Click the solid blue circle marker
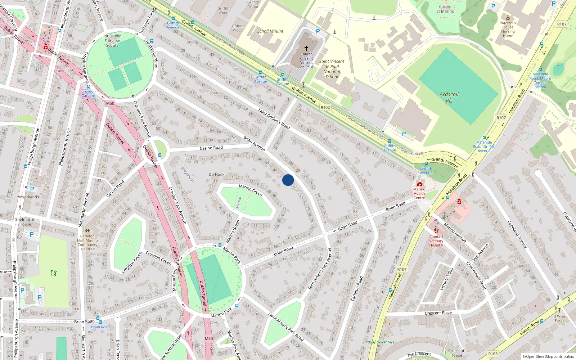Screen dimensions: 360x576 288,180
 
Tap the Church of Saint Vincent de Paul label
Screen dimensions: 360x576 306,60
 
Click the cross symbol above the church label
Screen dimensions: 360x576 306,48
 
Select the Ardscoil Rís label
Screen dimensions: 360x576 449,97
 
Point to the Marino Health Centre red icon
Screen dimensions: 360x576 419,184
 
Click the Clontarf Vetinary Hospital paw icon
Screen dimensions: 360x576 436,230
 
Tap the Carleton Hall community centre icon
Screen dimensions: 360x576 87,231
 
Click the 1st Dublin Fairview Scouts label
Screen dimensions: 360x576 112,41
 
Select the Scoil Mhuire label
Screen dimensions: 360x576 270,31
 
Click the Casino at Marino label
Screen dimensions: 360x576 445,9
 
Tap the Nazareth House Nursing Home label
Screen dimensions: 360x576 508,29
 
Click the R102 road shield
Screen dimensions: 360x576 325,107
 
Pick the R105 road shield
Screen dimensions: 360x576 493,354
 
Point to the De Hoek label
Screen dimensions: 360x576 216,175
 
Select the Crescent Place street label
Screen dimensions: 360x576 438,313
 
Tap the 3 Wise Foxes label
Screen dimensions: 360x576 559,318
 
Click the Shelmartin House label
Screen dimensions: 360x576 25,222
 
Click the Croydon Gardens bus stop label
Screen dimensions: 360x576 88,94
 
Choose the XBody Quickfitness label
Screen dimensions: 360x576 381,342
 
